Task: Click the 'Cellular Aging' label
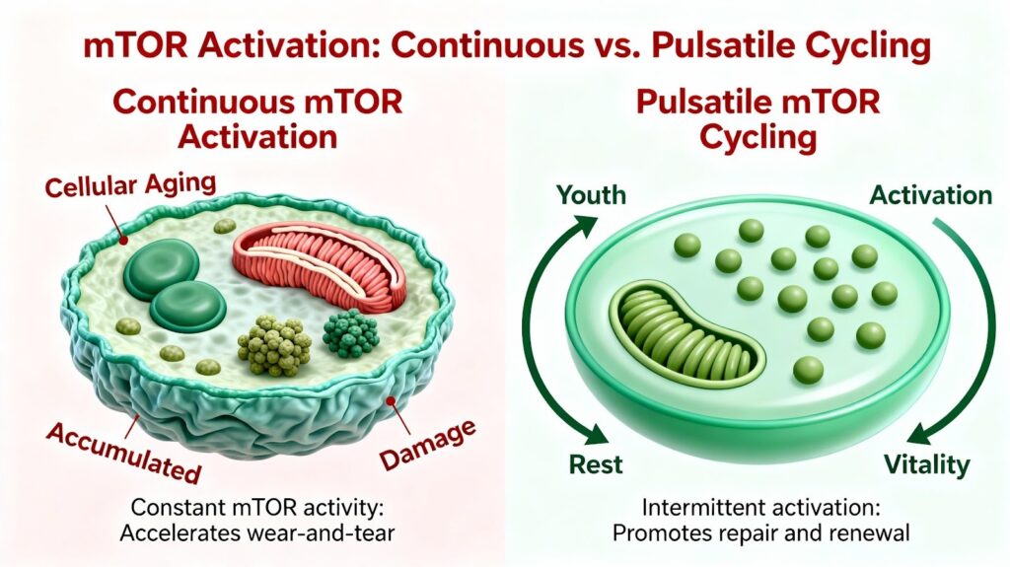pos(131,185)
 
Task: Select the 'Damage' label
pos(428,444)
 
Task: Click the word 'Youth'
pos(592,194)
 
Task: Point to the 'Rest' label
pos(596,464)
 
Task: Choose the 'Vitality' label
pos(926,464)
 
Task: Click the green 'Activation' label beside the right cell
pos(931,194)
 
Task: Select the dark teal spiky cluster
pos(350,333)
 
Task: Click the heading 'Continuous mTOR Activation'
pos(257,120)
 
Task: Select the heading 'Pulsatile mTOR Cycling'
pos(758,120)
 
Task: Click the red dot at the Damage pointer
pos(390,400)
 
